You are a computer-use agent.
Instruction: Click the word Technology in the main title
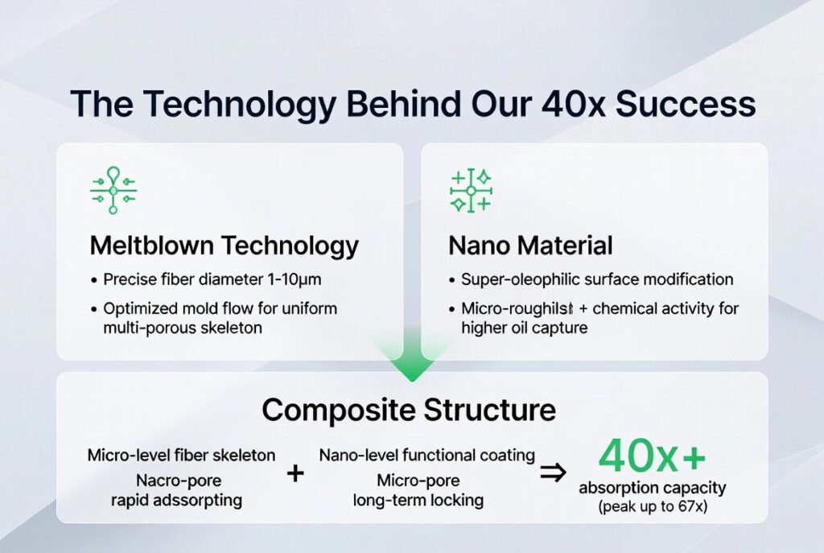pyautogui.click(x=240, y=104)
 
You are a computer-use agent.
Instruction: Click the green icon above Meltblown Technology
pyautogui.click(x=113, y=190)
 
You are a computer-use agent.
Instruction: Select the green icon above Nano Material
pyautogui.click(x=471, y=190)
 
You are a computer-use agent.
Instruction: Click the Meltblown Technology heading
pyautogui.click(x=224, y=246)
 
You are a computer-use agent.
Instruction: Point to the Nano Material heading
pyautogui.click(x=530, y=246)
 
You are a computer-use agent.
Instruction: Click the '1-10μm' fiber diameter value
pyautogui.click(x=295, y=279)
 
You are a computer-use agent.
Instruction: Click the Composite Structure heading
pyautogui.click(x=409, y=410)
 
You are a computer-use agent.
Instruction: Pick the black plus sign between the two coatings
pyautogui.click(x=295, y=473)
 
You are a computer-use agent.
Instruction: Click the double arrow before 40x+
pyautogui.click(x=554, y=473)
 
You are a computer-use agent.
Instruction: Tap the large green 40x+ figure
pyautogui.click(x=652, y=456)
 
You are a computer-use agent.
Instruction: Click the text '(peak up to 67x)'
pyautogui.click(x=653, y=506)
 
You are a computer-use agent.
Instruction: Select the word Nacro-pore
pyautogui.click(x=179, y=481)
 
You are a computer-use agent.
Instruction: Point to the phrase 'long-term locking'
pyautogui.click(x=418, y=500)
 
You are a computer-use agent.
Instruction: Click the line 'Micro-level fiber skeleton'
pyautogui.click(x=181, y=456)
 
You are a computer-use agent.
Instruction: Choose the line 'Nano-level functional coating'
pyautogui.click(x=426, y=456)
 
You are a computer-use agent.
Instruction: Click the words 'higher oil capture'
pyautogui.click(x=525, y=328)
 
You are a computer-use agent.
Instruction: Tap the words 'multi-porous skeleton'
pyautogui.click(x=183, y=328)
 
